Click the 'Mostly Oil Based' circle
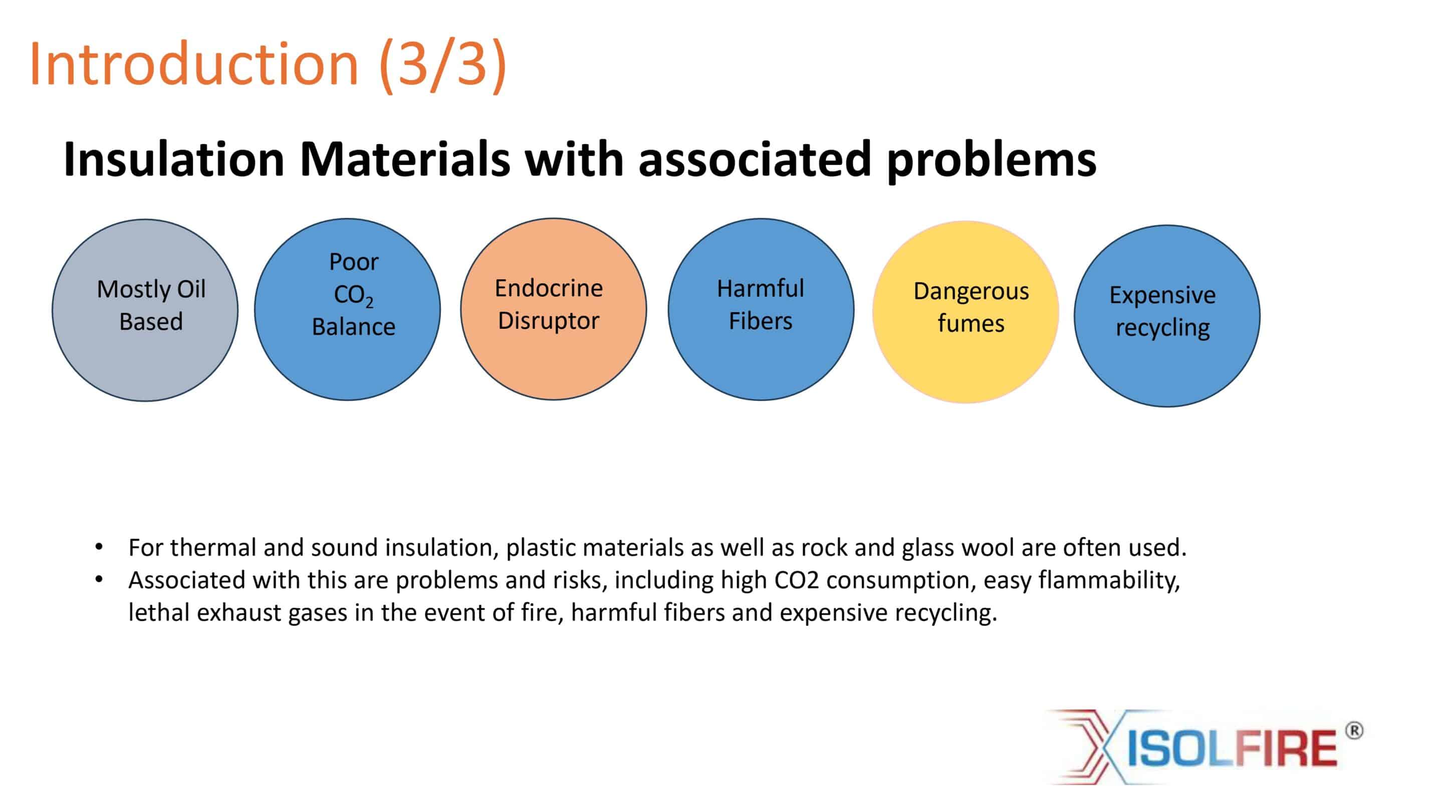(145, 310)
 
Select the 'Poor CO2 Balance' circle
(347, 309)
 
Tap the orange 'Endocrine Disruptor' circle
(554, 309)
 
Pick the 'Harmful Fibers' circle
(761, 309)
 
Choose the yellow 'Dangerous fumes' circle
(966, 312)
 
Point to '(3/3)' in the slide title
(443, 65)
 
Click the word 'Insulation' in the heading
(174, 159)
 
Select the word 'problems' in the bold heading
(992, 161)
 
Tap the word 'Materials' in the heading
(405, 159)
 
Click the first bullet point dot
(99, 546)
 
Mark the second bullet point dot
(99, 579)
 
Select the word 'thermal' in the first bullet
(213, 547)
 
